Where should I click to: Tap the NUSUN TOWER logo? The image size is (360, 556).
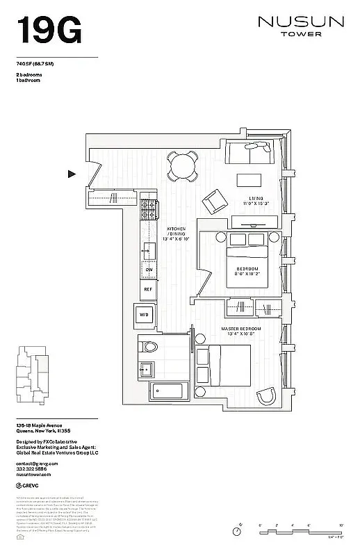pos(301,26)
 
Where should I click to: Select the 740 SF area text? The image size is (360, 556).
pos(39,63)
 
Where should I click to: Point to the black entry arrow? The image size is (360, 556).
pos(72,174)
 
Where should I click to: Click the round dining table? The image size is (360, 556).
pos(182,166)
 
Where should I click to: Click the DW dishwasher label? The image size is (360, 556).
pos(148,269)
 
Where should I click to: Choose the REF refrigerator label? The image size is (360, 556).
pos(148,288)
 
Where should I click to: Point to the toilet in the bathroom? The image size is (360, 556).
pos(151,345)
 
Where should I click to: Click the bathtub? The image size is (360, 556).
pos(166,391)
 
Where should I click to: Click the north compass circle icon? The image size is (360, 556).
pos(238,531)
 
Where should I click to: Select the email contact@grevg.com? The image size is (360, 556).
pos(37,463)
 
